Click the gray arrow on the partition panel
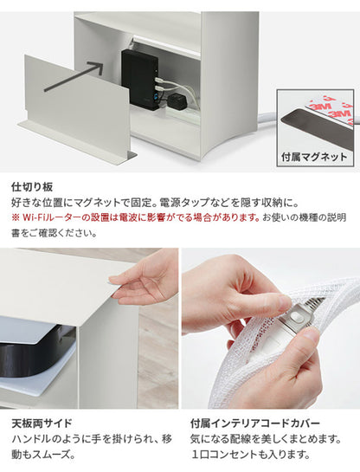(74, 76)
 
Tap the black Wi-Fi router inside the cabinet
(140, 80)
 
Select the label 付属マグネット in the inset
(314, 157)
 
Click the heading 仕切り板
(32, 187)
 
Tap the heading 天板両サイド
(42, 423)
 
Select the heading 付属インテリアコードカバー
(254, 423)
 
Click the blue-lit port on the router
(156, 96)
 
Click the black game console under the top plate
(35, 354)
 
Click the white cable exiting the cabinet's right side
(267, 116)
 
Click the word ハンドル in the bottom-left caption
(31, 439)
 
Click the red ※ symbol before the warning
(16, 217)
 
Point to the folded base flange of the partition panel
(77, 142)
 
